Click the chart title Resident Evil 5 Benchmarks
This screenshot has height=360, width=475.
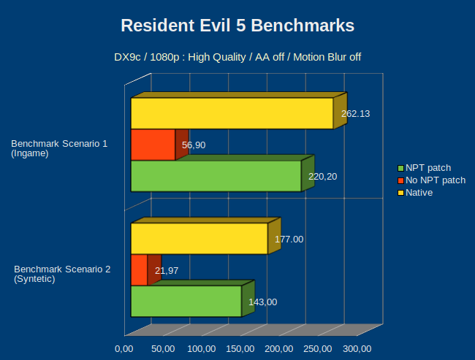tap(237, 26)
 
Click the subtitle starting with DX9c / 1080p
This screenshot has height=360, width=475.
tap(237, 57)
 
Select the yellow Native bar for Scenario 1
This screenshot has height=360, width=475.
tap(232, 113)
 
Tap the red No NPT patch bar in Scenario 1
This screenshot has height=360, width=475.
tap(153, 145)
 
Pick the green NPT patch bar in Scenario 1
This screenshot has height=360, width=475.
tap(216, 176)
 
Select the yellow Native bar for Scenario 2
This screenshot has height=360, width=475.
tap(199, 239)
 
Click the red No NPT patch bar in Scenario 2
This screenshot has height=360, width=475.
tap(139, 270)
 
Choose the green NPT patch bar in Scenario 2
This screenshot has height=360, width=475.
tap(186, 301)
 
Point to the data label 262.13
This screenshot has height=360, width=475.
tap(356, 113)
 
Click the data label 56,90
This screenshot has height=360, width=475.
tap(194, 145)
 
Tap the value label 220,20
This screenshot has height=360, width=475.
tap(322, 177)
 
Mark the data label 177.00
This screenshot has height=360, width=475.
tap(289, 239)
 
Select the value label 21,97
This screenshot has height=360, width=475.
tap(167, 271)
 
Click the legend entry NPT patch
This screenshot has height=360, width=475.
tap(428, 168)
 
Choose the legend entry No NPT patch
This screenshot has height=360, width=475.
tap(435, 180)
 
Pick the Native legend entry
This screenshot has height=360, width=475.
tap(419, 193)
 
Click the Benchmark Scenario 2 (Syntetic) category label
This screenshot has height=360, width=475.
tap(62, 274)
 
